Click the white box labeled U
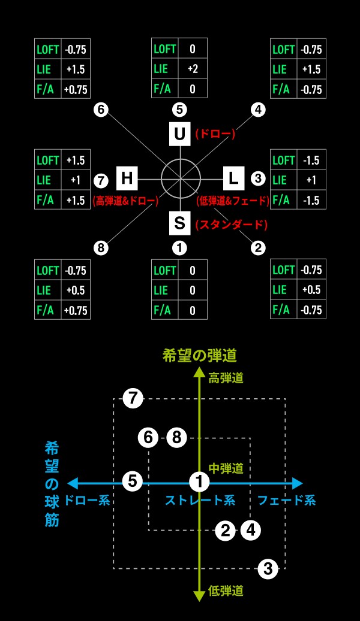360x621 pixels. [180, 134]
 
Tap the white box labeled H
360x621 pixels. [127, 178]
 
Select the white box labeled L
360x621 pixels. [234, 178]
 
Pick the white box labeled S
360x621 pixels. [180, 223]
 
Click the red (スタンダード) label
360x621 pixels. [232, 225]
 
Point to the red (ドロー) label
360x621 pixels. [215, 134]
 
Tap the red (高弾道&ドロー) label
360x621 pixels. [125, 201]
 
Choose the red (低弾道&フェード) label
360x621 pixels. [233, 201]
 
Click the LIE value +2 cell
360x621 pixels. [193, 69]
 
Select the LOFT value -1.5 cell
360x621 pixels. [311, 160]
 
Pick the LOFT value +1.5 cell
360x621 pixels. [76, 160]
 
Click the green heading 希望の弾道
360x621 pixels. [200, 356]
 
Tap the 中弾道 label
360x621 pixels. [226, 468]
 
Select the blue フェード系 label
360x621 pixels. [287, 500]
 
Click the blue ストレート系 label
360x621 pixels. [200, 500]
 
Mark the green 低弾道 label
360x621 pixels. [226, 591]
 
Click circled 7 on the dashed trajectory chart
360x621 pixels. [133, 398]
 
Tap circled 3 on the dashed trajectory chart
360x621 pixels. [268, 569]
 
